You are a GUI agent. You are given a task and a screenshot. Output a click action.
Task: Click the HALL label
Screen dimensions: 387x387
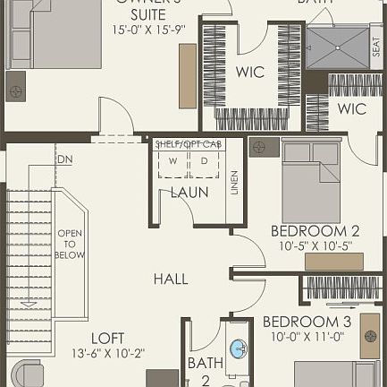[x=170, y=279]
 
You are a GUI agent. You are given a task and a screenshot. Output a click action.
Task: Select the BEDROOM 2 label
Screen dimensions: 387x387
[x=315, y=230]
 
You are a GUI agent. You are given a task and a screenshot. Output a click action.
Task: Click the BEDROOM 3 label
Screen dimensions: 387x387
[x=306, y=322]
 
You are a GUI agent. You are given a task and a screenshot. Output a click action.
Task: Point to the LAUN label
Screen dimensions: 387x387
[x=189, y=192]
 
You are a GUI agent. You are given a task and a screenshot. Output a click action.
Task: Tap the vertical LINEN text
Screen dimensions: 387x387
[x=234, y=182]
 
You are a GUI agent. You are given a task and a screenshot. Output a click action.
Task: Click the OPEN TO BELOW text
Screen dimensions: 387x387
[x=72, y=242]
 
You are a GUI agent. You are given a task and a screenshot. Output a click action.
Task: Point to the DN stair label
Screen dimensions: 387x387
[x=64, y=159]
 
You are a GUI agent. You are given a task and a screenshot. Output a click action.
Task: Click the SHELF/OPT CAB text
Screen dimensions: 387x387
[x=187, y=143]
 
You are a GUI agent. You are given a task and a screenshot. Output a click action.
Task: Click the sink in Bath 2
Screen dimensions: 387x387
[x=239, y=348]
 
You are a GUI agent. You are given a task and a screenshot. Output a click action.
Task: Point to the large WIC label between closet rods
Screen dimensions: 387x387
[x=250, y=73]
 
